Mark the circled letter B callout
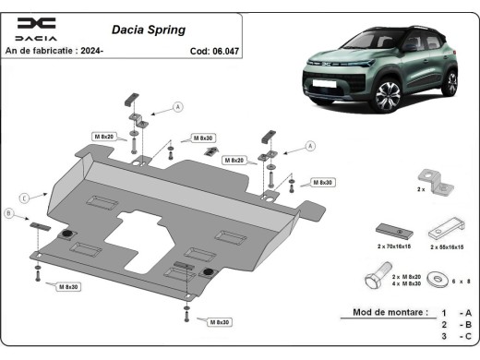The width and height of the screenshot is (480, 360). click(9, 214)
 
